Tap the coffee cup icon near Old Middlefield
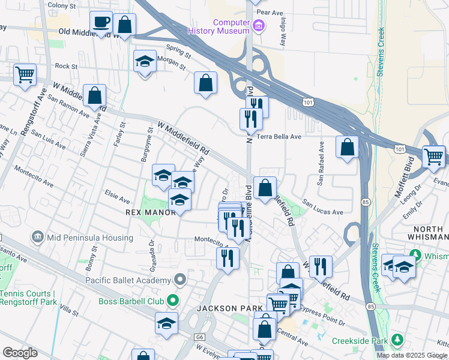point(101,22)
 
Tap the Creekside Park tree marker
point(396,340)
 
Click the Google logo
point(20,353)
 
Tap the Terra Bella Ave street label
point(279,137)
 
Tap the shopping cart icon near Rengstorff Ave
point(25,76)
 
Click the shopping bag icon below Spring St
point(205,83)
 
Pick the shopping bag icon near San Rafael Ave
point(347,148)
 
